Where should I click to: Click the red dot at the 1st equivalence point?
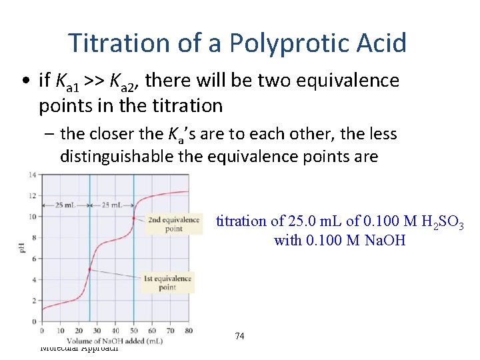tap(90, 269)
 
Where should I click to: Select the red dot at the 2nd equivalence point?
tap(134, 218)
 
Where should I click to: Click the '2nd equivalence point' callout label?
tap(173, 224)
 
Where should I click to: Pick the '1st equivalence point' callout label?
tap(167, 283)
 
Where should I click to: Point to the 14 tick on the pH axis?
tap(31, 175)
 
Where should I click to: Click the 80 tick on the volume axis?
tap(189, 331)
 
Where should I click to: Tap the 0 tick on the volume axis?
tap(42, 331)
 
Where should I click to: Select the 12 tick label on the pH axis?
tap(31, 196)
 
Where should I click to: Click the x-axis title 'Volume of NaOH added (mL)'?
tap(115, 341)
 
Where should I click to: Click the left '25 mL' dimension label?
tap(65, 205)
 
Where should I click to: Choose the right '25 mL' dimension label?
tap(111, 205)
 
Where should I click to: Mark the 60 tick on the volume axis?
tap(151, 331)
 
